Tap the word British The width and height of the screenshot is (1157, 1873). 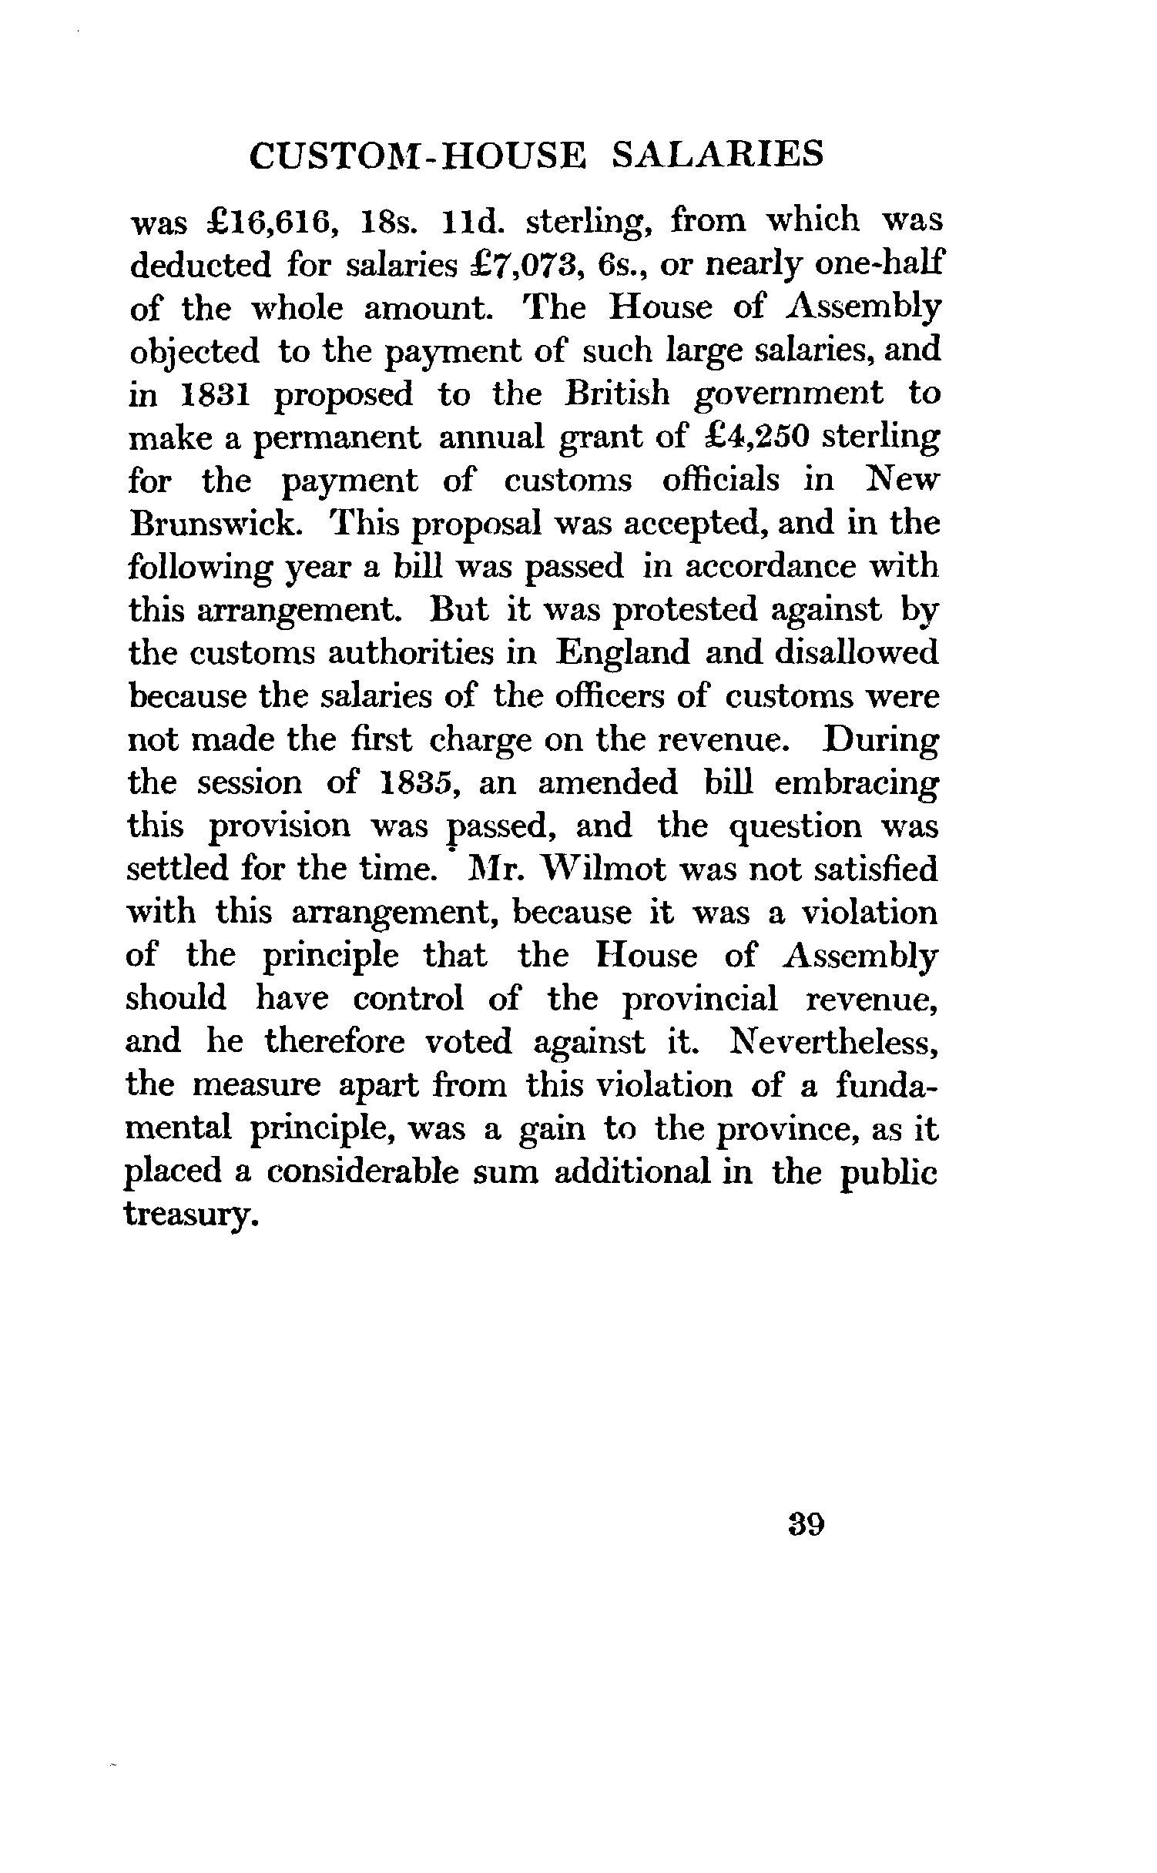click(x=617, y=395)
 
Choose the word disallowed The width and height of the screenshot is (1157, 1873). click(x=857, y=654)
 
